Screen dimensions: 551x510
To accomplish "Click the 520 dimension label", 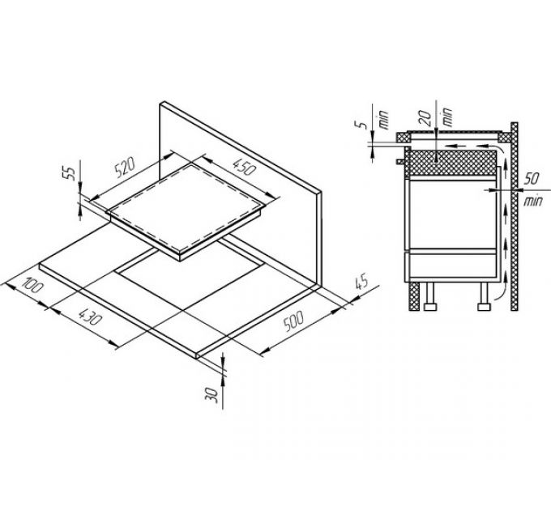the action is click(125, 168).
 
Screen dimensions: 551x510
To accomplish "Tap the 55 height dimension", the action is click(70, 173).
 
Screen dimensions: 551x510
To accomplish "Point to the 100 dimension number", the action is click(32, 285).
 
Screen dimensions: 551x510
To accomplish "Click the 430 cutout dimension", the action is click(91, 317).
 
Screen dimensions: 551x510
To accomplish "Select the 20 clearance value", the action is click(425, 118).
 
